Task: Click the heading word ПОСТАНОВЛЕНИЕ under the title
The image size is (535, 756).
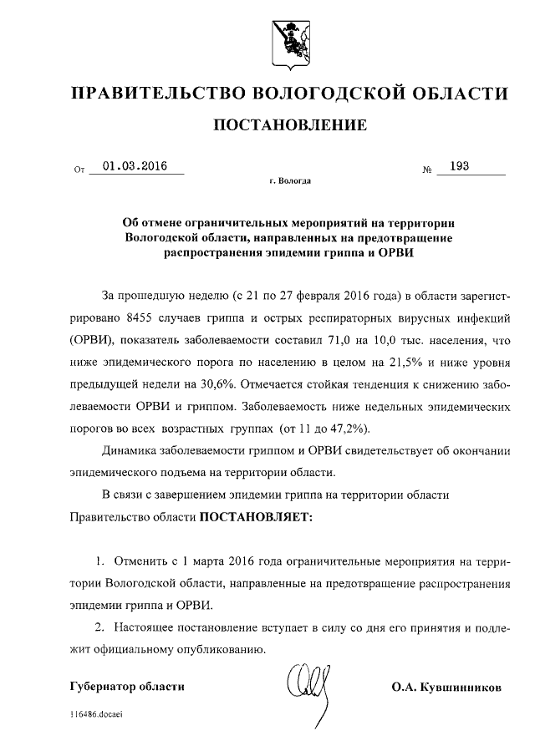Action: pos(291,126)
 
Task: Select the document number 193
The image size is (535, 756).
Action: pos(458,166)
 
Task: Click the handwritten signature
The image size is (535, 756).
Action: pos(311,682)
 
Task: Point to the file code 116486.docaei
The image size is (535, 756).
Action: pos(97,716)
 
